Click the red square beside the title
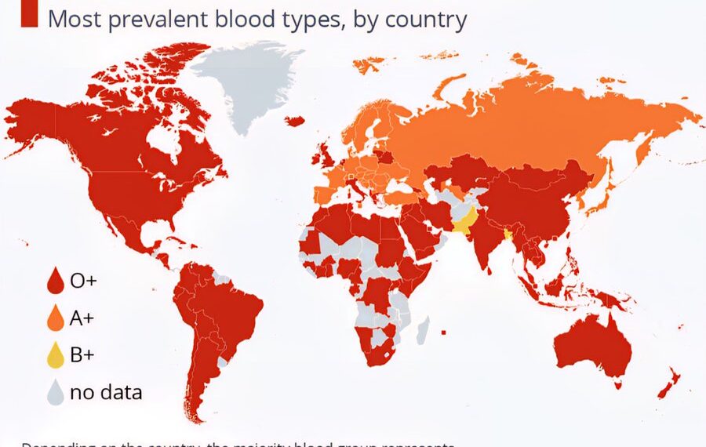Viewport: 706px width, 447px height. click(29, 15)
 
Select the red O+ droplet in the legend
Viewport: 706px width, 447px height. click(55, 280)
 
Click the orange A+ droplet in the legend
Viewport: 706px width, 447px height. click(55, 318)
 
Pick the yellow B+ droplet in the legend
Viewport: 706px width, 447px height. click(55, 355)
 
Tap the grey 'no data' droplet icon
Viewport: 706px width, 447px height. click(55, 392)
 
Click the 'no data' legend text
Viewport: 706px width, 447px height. click(106, 392)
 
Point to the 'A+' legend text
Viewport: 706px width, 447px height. click(82, 318)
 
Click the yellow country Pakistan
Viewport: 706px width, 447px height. click(468, 220)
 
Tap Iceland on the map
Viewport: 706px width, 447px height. click(295, 121)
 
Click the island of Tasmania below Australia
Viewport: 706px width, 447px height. click(618, 385)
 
